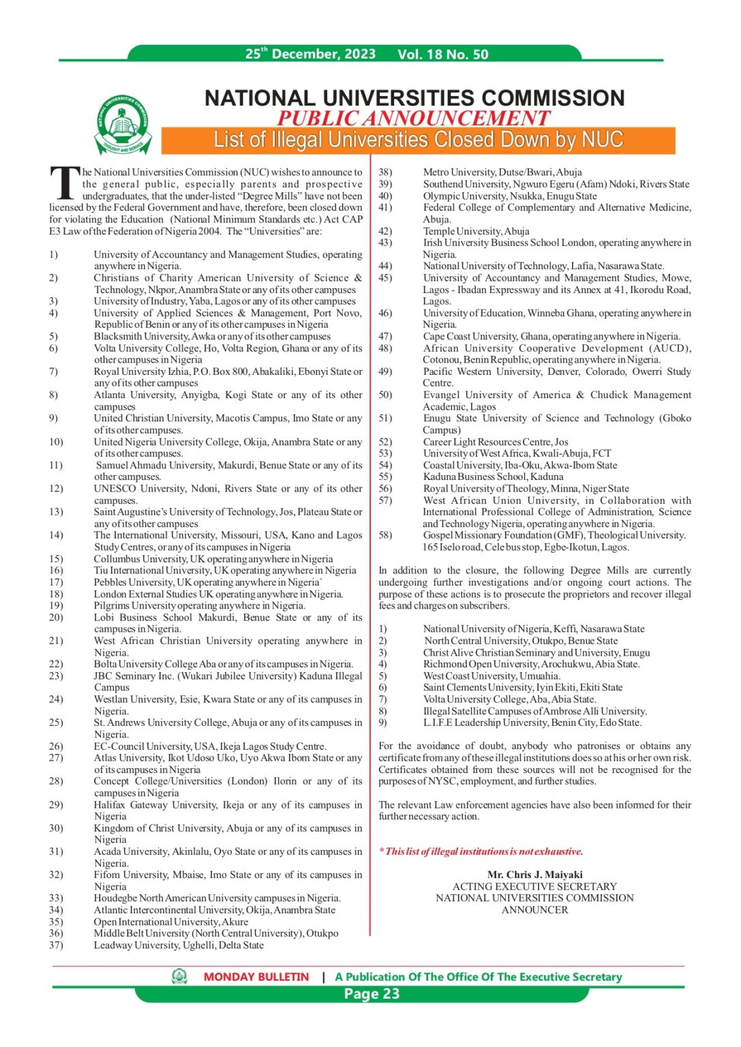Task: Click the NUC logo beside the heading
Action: click(x=123, y=125)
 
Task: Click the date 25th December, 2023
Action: click(x=310, y=54)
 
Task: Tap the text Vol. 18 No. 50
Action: click(x=442, y=55)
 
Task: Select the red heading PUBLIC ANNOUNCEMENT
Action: click(x=413, y=118)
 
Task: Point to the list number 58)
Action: click(x=385, y=535)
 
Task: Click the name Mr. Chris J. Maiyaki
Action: click(x=534, y=875)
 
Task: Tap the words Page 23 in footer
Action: click(x=372, y=994)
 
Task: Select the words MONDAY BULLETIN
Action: click(x=256, y=977)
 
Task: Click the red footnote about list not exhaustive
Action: click(x=481, y=851)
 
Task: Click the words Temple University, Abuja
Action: click(x=476, y=231)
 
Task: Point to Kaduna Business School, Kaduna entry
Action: click(x=493, y=476)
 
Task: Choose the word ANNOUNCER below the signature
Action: click(x=534, y=910)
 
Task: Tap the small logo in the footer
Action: click(x=179, y=977)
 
